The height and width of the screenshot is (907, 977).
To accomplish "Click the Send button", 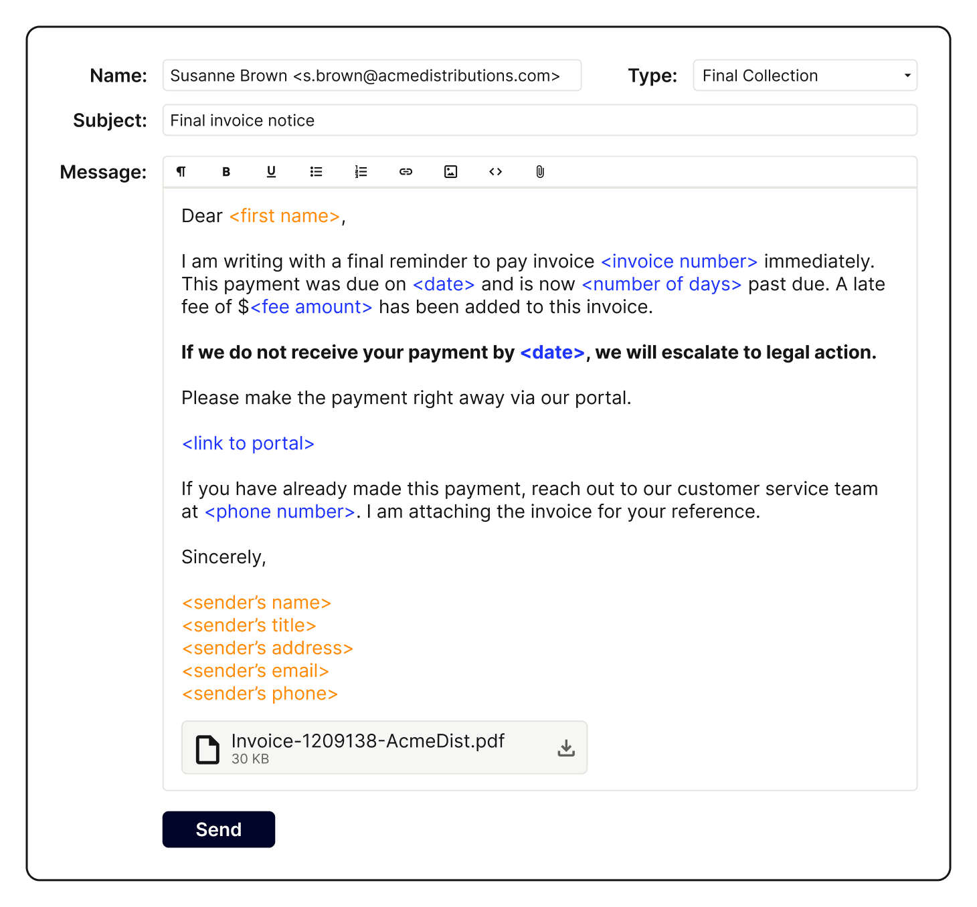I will [x=218, y=829].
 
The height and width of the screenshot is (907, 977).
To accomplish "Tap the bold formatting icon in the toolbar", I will [x=226, y=172].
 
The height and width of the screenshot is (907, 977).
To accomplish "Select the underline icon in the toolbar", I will [x=271, y=172].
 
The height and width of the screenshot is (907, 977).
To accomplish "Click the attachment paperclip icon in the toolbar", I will [x=540, y=172].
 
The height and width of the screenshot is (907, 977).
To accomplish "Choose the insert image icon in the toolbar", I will [x=451, y=172].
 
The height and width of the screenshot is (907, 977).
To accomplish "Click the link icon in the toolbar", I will [x=406, y=172].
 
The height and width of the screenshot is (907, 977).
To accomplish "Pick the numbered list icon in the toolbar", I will [x=361, y=172].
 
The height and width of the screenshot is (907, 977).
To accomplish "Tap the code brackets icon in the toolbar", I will [x=495, y=172].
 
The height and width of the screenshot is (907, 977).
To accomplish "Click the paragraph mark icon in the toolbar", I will [x=181, y=172].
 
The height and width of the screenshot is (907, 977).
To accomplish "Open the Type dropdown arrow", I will [x=907, y=76].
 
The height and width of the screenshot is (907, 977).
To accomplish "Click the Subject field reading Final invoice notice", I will [x=539, y=120].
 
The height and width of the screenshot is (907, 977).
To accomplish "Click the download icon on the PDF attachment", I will [x=566, y=748].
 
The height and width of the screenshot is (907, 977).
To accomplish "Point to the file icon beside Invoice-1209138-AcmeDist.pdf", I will [x=207, y=749].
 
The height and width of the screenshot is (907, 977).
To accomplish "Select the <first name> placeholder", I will [x=284, y=216].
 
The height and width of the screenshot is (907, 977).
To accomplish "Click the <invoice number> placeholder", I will [x=679, y=262].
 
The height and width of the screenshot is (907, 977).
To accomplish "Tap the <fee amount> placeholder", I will [x=311, y=307].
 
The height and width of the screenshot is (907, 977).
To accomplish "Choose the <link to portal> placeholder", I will [x=248, y=443].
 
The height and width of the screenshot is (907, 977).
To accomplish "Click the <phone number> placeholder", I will [x=280, y=512].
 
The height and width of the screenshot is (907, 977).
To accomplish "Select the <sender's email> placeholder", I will [x=256, y=671].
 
